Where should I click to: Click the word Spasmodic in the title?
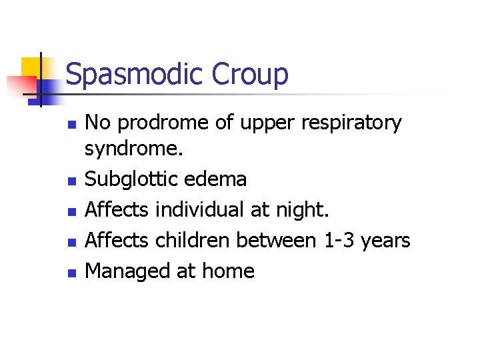point(135,74)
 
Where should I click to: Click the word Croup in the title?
point(250,74)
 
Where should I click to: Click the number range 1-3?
point(337,240)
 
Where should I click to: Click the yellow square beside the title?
point(31,67)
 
